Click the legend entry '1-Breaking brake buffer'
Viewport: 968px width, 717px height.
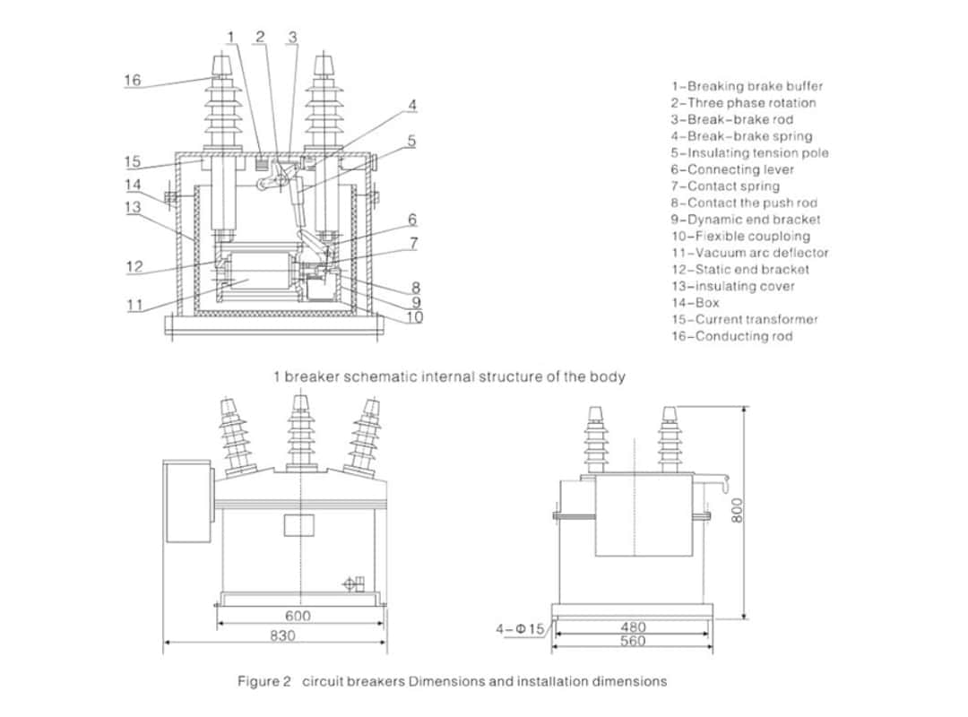746,86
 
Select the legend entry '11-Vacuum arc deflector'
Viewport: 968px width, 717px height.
749,253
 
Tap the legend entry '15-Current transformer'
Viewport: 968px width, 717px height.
744,319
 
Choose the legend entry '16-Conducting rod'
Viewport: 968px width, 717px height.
731,336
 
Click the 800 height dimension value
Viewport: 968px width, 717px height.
738,512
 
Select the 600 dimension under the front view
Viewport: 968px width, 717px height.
298,617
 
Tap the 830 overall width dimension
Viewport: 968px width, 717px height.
283,635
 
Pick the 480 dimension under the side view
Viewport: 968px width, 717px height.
633,627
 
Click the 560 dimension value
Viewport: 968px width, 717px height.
633,641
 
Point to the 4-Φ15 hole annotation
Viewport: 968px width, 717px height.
520,629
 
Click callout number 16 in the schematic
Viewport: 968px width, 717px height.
132,80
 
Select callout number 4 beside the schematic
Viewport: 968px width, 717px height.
412,105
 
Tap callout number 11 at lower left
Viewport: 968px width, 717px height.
134,305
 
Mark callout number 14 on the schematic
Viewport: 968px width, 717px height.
133,185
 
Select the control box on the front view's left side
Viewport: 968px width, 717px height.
186,502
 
